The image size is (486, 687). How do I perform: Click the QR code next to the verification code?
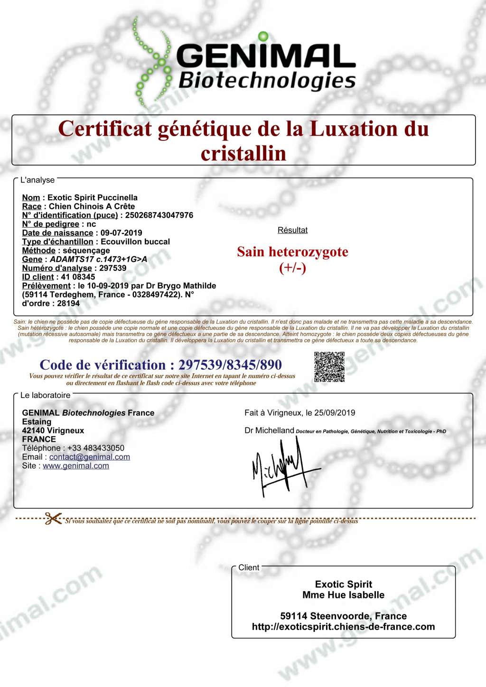[x=329, y=367]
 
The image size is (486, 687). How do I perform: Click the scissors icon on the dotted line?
[x=53, y=519]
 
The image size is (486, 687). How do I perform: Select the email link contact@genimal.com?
[x=90, y=457]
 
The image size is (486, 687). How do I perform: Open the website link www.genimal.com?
[x=76, y=466]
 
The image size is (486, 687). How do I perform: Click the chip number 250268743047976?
[x=159, y=215]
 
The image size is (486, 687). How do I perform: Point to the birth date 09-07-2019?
[x=121, y=233]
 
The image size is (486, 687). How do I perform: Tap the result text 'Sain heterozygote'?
[x=292, y=252]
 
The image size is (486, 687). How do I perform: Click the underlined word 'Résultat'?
[x=292, y=230]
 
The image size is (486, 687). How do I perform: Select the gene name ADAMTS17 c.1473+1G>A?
[x=98, y=259]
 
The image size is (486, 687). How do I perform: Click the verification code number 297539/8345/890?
[x=230, y=365]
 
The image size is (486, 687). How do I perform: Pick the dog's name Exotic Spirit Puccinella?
[x=93, y=197]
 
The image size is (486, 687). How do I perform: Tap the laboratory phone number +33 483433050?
[x=96, y=448]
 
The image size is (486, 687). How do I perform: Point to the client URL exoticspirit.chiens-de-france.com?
[x=343, y=627]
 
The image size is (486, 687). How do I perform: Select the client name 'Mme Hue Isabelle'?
[x=343, y=595]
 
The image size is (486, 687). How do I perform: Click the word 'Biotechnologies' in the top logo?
[x=267, y=81]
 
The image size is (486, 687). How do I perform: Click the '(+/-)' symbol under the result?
[x=292, y=268]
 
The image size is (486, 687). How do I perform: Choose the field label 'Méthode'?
[x=39, y=251]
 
